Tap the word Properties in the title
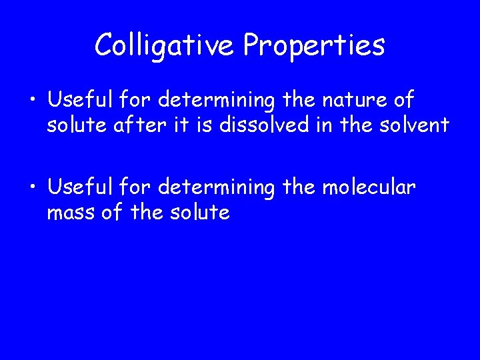314,46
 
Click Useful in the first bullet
81,101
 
